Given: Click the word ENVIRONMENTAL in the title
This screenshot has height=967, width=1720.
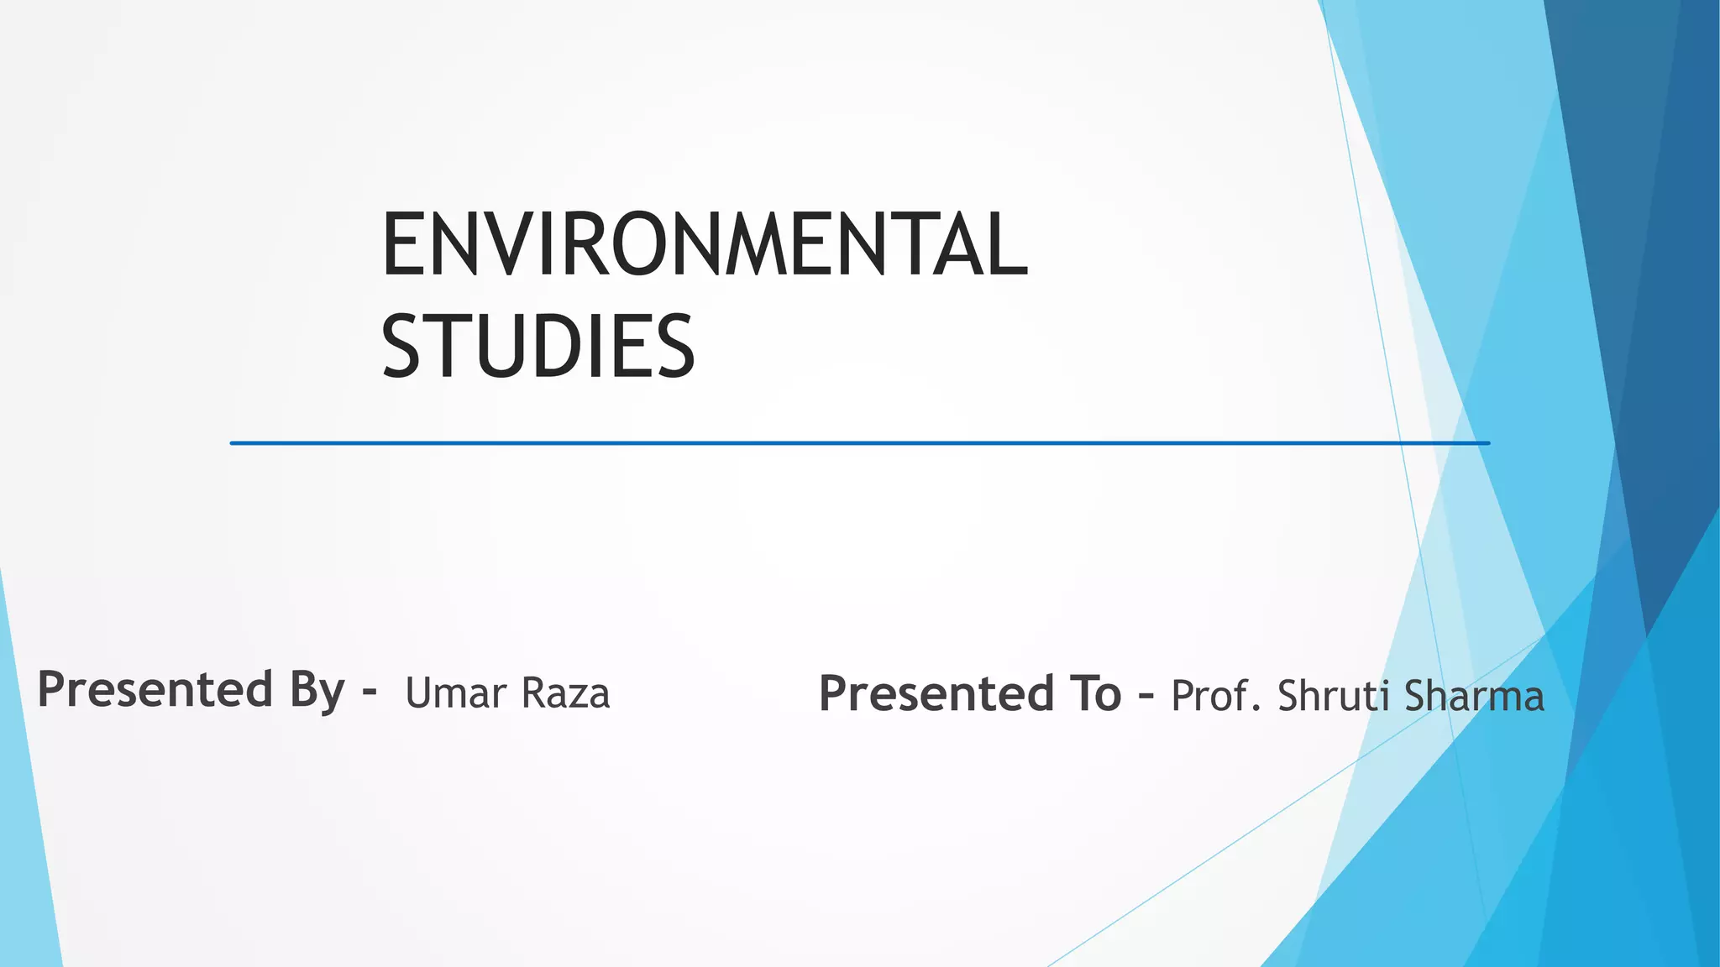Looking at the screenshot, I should (704, 244).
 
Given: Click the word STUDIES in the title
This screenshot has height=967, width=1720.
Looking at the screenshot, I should (538, 346).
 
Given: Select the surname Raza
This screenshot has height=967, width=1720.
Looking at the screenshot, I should (565, 693).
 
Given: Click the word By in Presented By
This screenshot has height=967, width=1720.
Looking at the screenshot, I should (317, 691).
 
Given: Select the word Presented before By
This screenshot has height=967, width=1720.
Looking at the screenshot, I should (155, 689).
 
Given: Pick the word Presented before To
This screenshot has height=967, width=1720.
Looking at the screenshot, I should (936, 694).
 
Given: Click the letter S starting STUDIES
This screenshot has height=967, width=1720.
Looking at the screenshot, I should (401, 346).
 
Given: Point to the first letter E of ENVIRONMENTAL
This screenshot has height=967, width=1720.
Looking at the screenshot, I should (401, 244).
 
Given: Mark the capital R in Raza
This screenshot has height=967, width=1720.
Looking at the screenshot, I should (533, 693).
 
